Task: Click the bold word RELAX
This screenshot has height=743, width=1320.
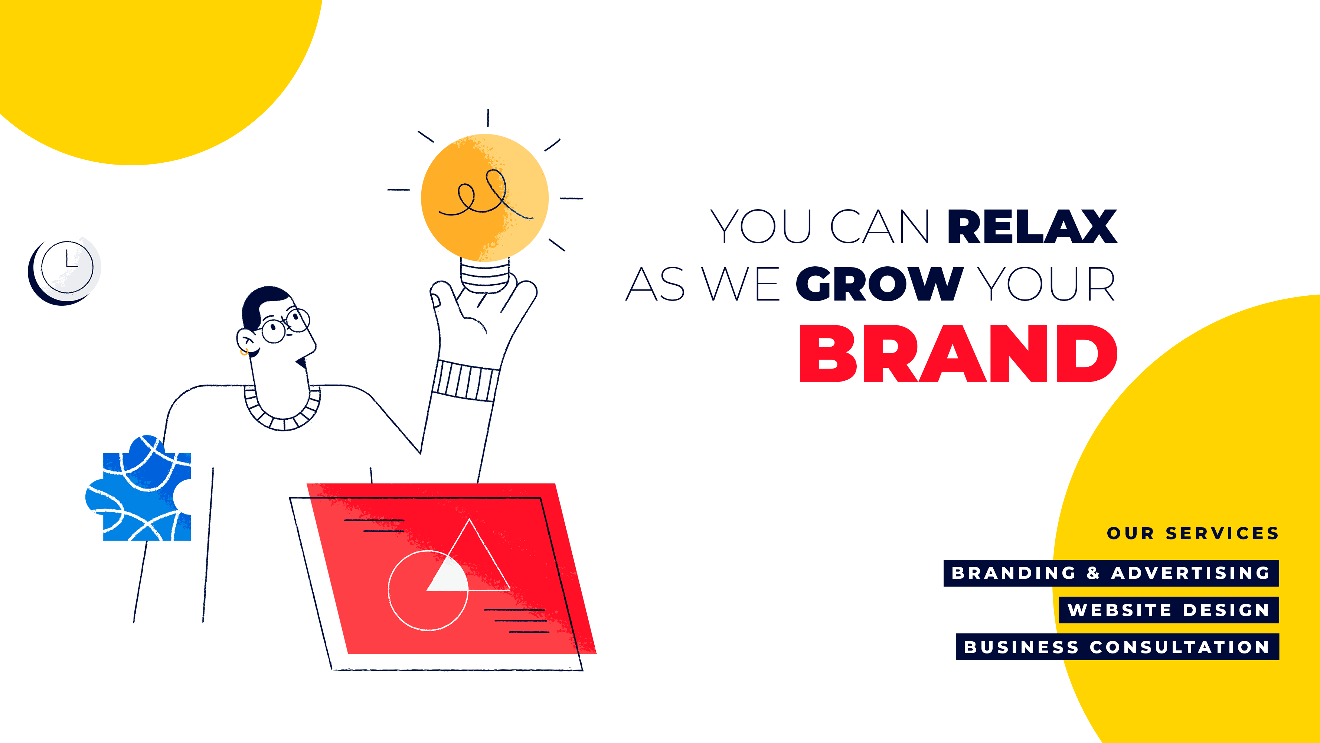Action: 1032,226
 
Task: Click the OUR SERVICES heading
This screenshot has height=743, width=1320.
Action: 1193,533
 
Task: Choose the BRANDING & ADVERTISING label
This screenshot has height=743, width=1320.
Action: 1111,573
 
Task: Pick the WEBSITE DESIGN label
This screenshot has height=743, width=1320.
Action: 1169,610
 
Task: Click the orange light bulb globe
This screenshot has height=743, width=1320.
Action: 485,197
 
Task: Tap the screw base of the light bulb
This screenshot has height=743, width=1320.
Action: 485,275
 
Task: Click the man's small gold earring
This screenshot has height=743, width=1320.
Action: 244,352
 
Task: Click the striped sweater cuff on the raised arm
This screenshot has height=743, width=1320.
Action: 465,380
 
